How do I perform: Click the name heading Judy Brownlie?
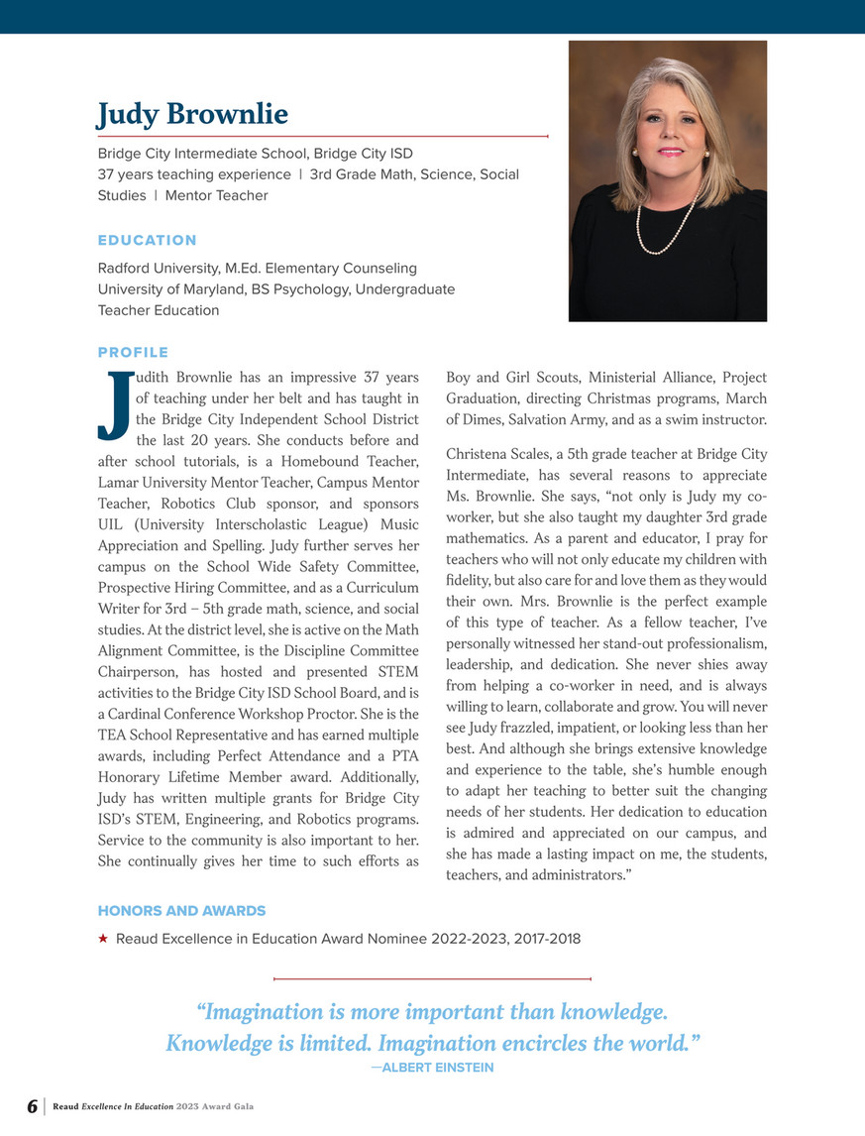[x=192, y=115]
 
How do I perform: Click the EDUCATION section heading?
[x=147, y=240]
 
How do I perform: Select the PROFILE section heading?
[x=133, y=352]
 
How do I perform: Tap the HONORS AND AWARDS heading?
[x=181, y=910]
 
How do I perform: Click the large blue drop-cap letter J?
[x=116, y=406]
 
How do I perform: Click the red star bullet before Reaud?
[x=103, y=938]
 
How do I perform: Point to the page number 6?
[x=32, y=1106]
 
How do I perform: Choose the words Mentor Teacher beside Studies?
[x=216, y=195]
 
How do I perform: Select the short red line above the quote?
[x=431, y=979]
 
